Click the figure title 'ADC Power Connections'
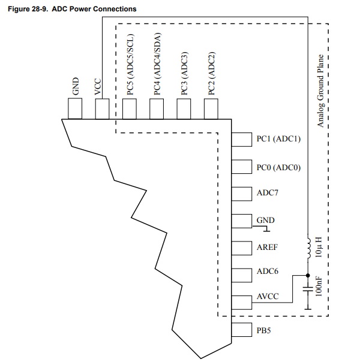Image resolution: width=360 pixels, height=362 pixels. coord(94,9)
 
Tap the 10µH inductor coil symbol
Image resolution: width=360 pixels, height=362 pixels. coord(309,246)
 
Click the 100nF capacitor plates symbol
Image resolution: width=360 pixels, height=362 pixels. coord(308,289)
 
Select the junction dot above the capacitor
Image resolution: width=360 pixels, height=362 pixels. coord(308,276)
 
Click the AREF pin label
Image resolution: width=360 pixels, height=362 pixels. coord(267,248)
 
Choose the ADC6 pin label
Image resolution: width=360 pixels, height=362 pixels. coord(268,271)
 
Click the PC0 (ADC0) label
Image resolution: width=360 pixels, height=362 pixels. coord(278,167)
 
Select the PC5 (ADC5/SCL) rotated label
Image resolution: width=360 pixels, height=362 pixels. coord(130,64)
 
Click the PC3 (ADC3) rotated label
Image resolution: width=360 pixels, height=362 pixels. coord(184,73)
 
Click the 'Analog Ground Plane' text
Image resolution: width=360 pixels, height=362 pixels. coord(320,90)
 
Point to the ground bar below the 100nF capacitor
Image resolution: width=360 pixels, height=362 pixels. coord(308,309)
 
